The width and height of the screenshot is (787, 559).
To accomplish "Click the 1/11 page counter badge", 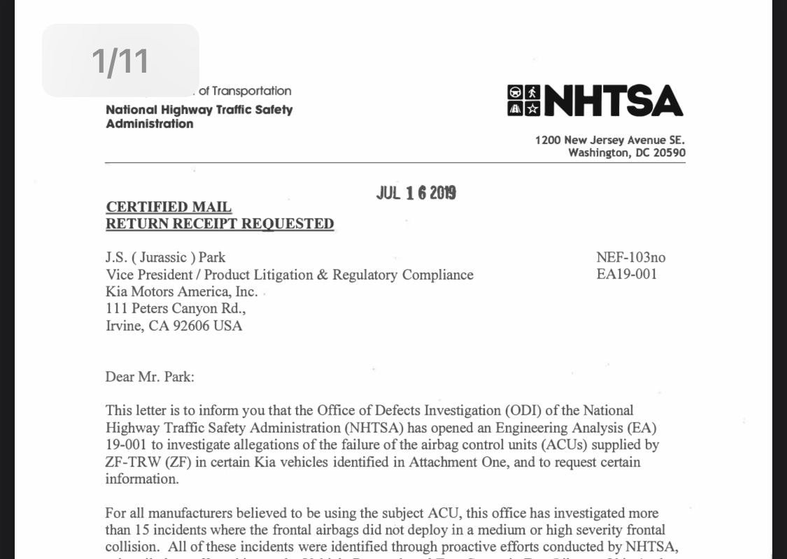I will click(120, 61).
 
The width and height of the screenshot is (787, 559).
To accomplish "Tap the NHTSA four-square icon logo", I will click(523, 100).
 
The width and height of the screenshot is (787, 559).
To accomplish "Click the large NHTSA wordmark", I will click(613, 101).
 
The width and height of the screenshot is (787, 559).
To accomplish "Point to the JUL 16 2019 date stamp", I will click(416, 193).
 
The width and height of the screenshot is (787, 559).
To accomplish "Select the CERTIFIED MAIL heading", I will click(169, 207).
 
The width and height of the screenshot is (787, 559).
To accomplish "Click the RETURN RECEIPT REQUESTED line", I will click(220, 224).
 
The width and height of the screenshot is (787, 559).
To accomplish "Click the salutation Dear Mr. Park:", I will click(150, 377).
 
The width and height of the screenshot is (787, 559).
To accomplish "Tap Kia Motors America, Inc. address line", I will click(181, 292).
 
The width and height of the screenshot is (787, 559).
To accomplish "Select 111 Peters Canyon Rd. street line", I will click(176, 309).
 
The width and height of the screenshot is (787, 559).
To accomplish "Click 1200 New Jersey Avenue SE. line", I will click(610, 140).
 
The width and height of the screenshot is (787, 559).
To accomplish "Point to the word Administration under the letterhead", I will click(150, 124).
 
